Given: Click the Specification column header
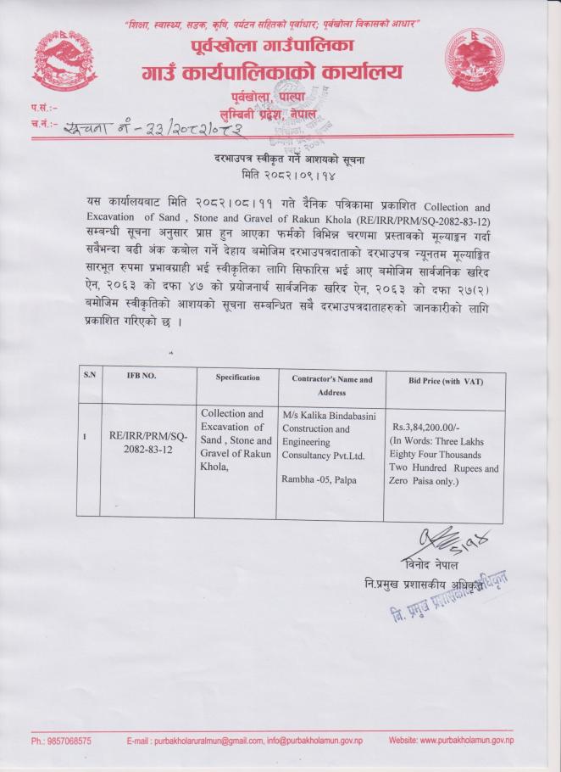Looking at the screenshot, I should pyautogui.click(x=237, y=377).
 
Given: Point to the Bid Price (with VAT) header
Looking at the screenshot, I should pyautogui.click(x=446, y=382).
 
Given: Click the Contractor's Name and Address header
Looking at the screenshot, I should pyautogui.click(x=331, y=386).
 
